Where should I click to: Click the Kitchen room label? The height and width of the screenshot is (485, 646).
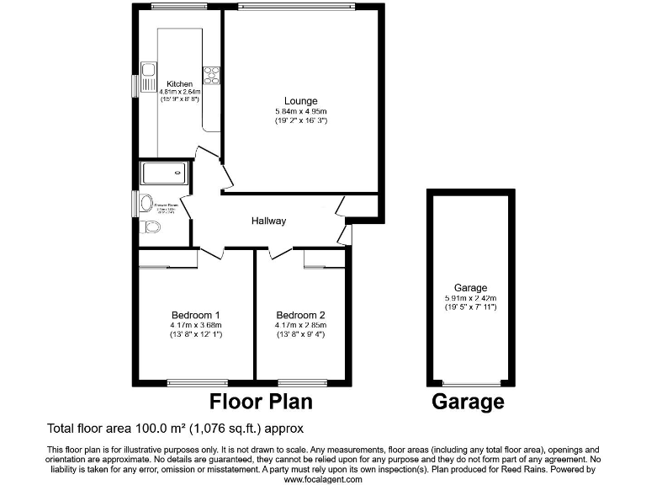pos(179,84)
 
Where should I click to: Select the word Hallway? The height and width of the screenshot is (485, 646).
pos(269,221)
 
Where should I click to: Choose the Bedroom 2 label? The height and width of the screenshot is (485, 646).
pos(300,316)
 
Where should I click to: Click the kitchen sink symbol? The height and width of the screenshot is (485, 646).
pos(149,75)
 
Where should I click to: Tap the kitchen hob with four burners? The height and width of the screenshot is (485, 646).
pos(210,76)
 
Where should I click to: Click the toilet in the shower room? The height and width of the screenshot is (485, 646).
pos(151,226)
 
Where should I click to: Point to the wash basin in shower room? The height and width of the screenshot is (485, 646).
pos(146,202)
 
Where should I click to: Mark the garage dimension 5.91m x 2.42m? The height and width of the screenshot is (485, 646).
pos(469,298)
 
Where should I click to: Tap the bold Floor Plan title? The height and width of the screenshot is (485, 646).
pos(260,401)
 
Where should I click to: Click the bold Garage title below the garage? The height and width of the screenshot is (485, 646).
pos(469,402)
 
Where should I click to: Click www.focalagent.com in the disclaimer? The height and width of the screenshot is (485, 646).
pos(323,479)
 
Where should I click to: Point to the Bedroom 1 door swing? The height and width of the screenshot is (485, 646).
pos(210,253)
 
